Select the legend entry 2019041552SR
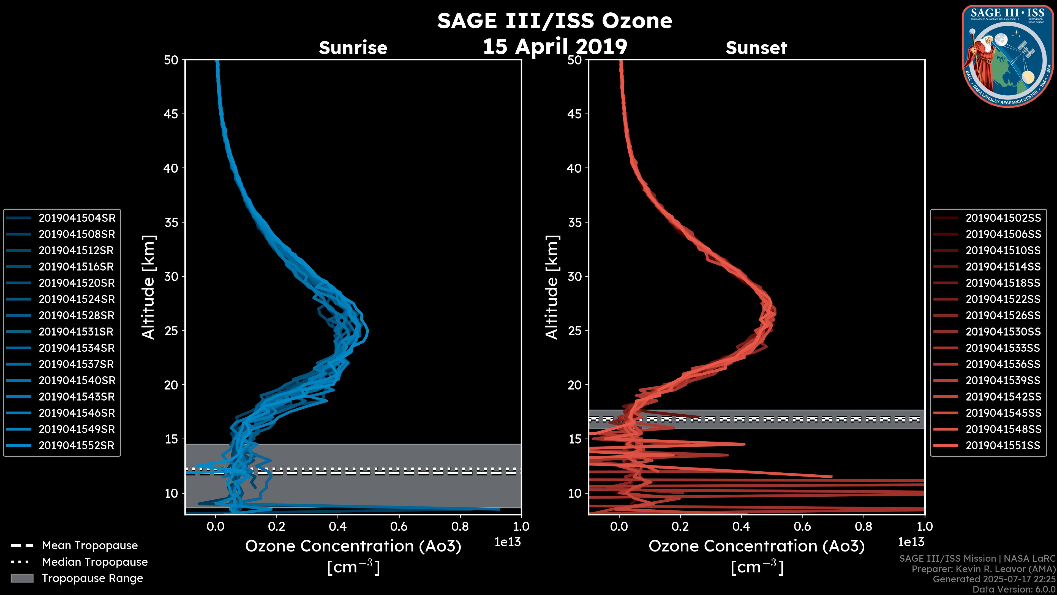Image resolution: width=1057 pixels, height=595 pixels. point(76,445)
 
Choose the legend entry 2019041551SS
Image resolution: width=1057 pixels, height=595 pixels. point(1003,445)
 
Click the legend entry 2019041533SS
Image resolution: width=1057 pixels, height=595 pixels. point(1003,348)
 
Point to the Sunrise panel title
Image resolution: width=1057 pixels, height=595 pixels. point(353,48)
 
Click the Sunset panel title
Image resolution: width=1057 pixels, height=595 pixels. point(756,48)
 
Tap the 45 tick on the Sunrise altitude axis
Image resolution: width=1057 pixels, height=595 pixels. point(171,114)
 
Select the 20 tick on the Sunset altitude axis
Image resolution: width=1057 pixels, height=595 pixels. point(574,385)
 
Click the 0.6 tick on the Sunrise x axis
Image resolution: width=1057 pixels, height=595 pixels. point(399,526)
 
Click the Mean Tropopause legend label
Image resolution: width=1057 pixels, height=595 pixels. point(89,546)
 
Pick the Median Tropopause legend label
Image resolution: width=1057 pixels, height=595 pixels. point(94,562)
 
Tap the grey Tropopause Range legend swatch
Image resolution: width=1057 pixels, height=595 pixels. point(22,578)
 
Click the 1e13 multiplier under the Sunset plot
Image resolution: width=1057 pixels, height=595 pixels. point(911,542)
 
